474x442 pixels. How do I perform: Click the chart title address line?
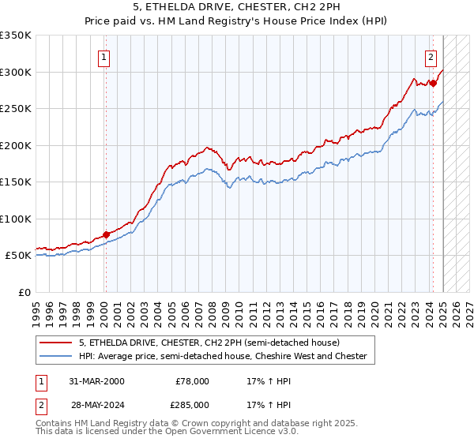click(x=236, y=8)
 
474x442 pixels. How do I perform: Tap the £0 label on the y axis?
click(x=24, y=292)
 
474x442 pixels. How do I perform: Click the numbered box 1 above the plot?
click(x=104, y=57)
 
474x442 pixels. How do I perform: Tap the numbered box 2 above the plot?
click(x=431, y=57)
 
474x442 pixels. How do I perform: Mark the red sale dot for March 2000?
click(x=106, y=234)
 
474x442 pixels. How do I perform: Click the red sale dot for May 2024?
click(x=433, y=83)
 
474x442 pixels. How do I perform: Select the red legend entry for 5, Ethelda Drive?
click(x=209, y=343)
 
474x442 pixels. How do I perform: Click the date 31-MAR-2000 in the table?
click(x=96, y=381)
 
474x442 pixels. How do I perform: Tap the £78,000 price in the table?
click(x=192, y=381)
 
